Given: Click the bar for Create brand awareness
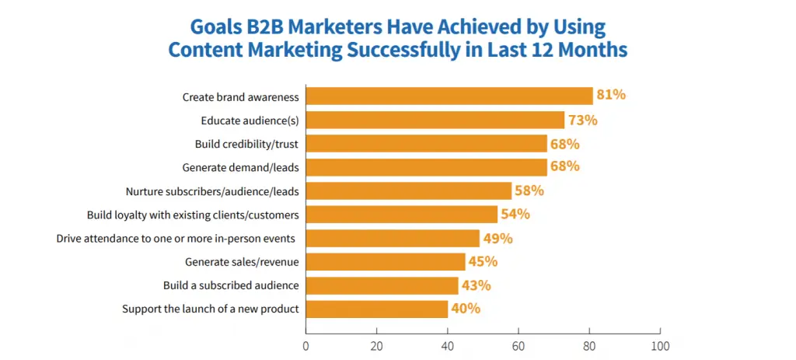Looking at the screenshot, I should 449,96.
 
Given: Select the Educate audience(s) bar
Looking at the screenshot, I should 435,120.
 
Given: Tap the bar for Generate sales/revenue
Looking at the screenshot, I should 386,261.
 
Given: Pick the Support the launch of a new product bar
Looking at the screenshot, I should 377,309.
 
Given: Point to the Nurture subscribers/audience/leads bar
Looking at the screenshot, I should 409,190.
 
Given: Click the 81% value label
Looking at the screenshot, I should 611,96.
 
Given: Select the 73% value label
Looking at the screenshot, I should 582,120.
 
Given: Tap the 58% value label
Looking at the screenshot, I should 529,190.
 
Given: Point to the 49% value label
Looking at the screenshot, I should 497,238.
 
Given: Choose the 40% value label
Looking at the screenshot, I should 465,309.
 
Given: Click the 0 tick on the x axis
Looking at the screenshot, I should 306,345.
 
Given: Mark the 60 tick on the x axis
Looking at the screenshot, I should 518,345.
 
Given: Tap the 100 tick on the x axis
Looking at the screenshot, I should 660,345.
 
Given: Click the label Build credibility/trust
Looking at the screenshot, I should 246,144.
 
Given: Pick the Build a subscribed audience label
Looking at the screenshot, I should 231,285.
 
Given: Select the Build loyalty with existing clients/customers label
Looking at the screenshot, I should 193,215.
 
